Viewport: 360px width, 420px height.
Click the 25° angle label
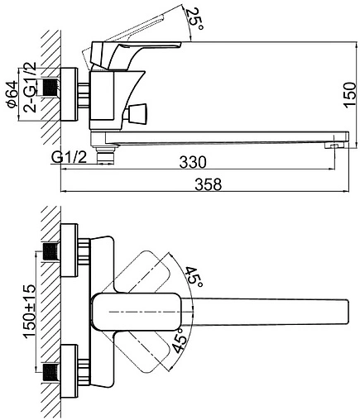(194, 19)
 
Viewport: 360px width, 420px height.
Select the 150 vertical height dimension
(350, 94)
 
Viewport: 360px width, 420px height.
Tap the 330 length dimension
(193, 162)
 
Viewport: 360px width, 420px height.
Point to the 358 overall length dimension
(209, 184)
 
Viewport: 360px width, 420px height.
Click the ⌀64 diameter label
(12, 94)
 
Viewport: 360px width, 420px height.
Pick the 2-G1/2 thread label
(30, 87)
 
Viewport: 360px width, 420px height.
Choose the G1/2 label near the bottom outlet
(69, 158)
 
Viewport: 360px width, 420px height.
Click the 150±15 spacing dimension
(30, 311)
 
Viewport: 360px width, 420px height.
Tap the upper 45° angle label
(194, 277)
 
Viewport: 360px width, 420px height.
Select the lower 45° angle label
(180, 341)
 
